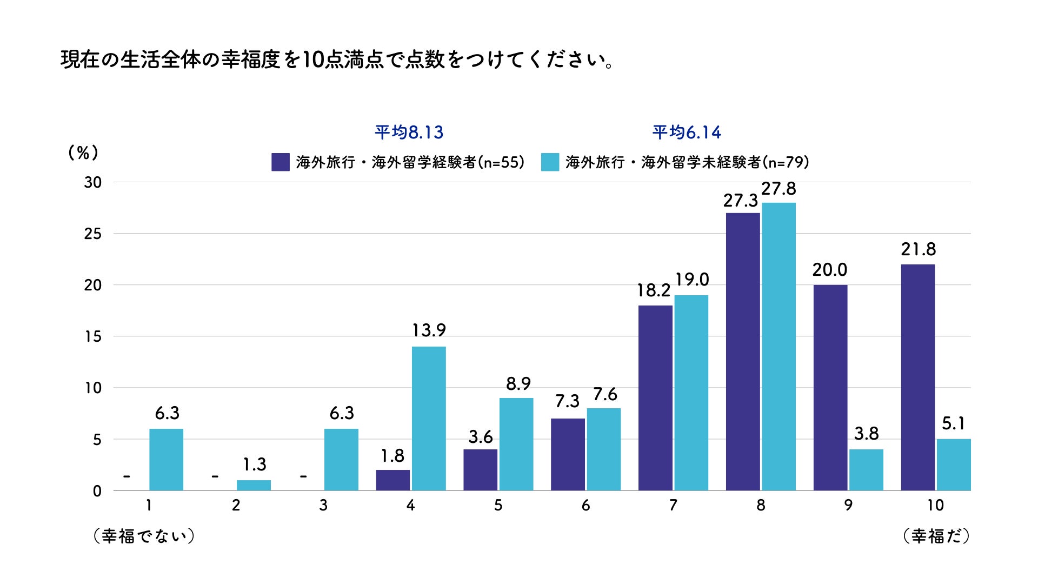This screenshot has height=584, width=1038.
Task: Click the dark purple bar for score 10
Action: click(917, 377)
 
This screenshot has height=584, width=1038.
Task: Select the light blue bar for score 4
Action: click(429, 419)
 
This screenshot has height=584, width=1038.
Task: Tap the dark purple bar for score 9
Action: click(830, 388)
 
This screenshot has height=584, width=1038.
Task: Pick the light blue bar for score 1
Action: click(166, 460)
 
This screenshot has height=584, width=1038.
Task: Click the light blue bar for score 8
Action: click(778, 347)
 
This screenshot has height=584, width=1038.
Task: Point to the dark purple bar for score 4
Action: click(392, 480)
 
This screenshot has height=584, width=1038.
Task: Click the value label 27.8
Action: click(778, 189)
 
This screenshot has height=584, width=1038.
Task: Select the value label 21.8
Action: click(918, 249)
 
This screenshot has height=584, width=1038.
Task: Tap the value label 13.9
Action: click(429, 330)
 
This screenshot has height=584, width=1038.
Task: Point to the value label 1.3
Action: click(254, 464)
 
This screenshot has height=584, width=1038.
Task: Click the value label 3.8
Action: click(866, 434)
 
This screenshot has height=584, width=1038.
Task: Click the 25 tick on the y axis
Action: click(92, 234)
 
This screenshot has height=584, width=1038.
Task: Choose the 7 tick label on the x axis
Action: click(673, 506)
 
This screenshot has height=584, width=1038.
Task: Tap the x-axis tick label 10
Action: click(935, 506)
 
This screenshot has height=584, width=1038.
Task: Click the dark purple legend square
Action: click(280, 162)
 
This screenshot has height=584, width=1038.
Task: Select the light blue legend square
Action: click(550, 162)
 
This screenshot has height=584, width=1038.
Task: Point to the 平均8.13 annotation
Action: click(409, 132)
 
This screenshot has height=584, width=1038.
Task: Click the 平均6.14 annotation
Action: click(687, 132)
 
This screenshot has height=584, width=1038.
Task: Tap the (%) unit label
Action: click(83, 153)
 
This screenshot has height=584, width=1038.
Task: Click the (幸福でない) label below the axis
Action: click(143, 536)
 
